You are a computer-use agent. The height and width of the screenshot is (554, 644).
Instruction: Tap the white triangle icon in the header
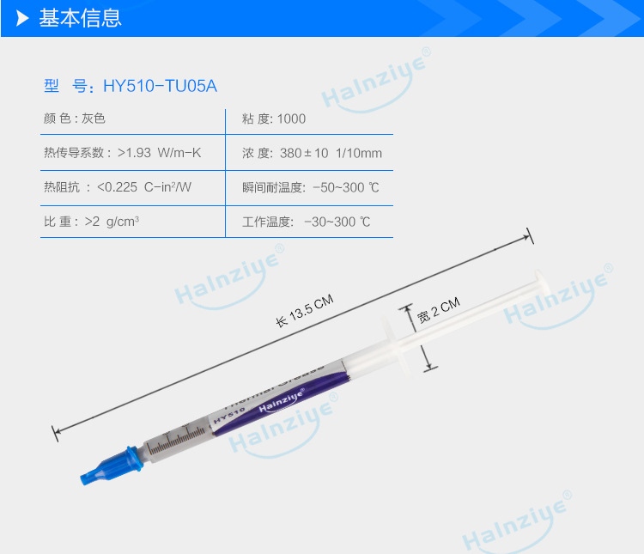pos(23,18)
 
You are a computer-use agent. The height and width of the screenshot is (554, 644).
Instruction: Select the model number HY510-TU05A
pos(160,86)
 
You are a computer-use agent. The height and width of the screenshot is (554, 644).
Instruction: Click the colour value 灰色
pos(94,119)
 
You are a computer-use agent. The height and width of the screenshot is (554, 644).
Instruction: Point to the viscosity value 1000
pos(291,119)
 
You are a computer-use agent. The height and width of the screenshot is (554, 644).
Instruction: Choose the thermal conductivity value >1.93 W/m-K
pos(160,153)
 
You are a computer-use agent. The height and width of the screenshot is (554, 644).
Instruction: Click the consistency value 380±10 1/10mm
pos(331,153)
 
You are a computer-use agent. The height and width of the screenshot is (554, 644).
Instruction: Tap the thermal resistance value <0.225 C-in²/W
pos(144,187)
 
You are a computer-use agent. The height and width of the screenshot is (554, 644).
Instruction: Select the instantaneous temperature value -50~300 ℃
pos(341,187)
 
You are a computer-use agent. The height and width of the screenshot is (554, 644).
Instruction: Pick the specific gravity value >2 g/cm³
pos(112,222)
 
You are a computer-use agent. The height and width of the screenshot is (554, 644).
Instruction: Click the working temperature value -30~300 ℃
pos(337,222)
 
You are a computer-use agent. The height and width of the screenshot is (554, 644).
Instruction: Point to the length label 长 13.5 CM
pos(304,311)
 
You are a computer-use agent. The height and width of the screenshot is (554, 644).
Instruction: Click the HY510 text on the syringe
pos(228,414)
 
